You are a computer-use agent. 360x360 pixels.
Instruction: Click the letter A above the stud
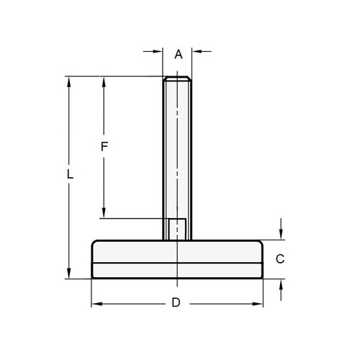179,53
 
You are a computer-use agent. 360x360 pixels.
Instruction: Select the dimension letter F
104,146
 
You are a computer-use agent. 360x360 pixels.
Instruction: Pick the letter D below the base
175,303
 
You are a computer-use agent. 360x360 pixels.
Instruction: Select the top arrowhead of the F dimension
104,81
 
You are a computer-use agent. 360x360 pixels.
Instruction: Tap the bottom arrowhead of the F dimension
104,213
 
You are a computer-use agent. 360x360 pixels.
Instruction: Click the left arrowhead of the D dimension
96,303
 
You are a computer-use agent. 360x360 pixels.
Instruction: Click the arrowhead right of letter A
195,51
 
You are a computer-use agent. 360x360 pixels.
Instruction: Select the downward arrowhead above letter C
281,235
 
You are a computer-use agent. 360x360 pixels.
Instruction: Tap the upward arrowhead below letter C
281,283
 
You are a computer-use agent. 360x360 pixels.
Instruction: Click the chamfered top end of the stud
177,78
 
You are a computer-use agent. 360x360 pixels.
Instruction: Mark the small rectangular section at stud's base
177,229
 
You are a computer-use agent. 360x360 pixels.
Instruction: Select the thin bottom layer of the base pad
178,271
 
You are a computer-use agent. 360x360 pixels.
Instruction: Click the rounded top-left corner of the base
94,243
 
